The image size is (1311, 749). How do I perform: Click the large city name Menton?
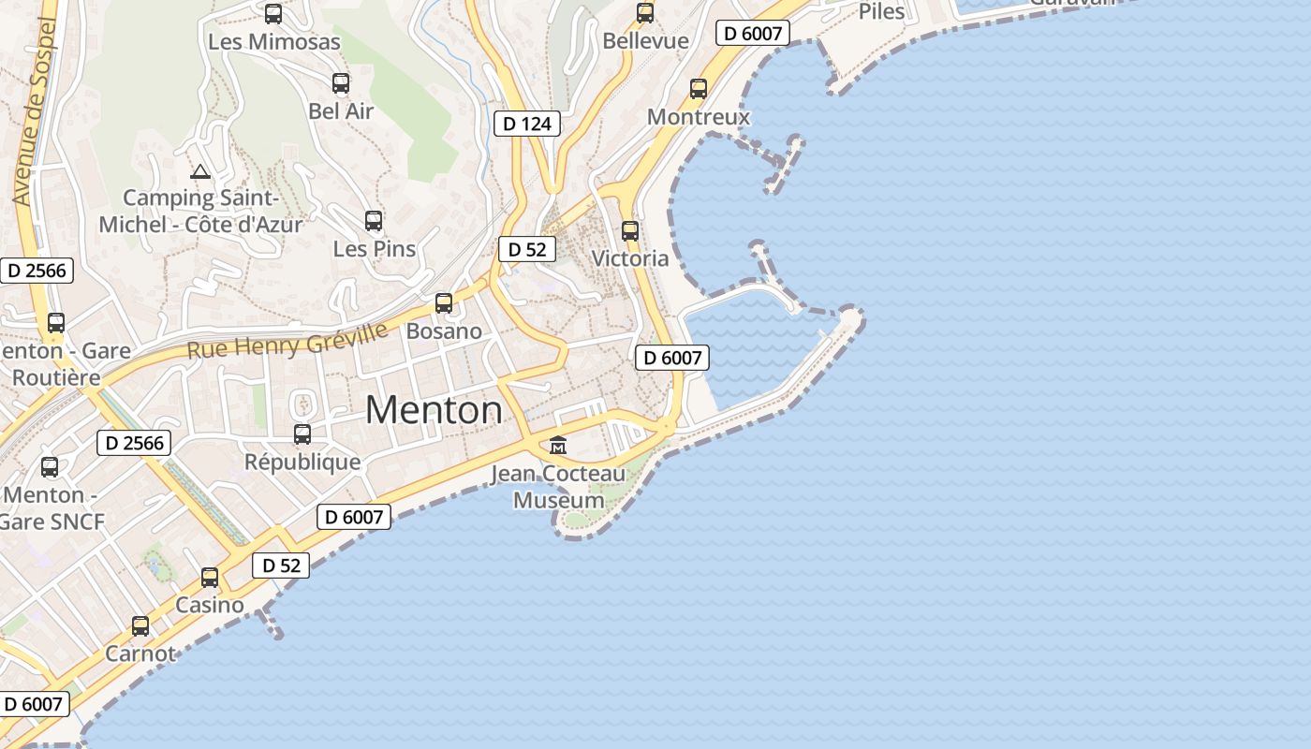(x=434, y=410)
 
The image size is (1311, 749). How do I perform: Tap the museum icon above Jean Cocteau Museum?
(x=558, y=445)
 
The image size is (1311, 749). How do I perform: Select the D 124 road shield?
(x=527, y=124)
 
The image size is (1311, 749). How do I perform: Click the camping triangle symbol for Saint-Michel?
(x=199, y=172)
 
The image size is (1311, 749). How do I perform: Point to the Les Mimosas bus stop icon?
(x=273, y=14)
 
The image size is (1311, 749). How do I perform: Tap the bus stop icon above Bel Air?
(x=341, y=83)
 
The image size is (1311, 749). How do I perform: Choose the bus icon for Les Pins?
(x=374, y=221)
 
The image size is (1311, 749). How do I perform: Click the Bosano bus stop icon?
(x=444, y=303)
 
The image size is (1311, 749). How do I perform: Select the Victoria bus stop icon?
(x=630, y=230)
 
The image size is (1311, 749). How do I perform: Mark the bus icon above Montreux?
(x=699, y=89)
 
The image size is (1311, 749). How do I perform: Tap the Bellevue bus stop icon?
(x=645, y=13)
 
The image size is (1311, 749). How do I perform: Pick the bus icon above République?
(x=302, y=434)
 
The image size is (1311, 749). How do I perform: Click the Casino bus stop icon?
(x=210, y=578)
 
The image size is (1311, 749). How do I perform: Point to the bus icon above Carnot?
(x=140, y=626)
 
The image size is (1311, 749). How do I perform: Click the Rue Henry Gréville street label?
(x=287, y=341)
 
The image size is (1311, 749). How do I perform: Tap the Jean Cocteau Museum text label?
(x=558, y=487)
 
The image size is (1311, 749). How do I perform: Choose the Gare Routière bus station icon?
(x=56, y=323)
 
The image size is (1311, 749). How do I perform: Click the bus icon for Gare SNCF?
(x=50, y=466)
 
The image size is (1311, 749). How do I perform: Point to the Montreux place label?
(x=699, y=117)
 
